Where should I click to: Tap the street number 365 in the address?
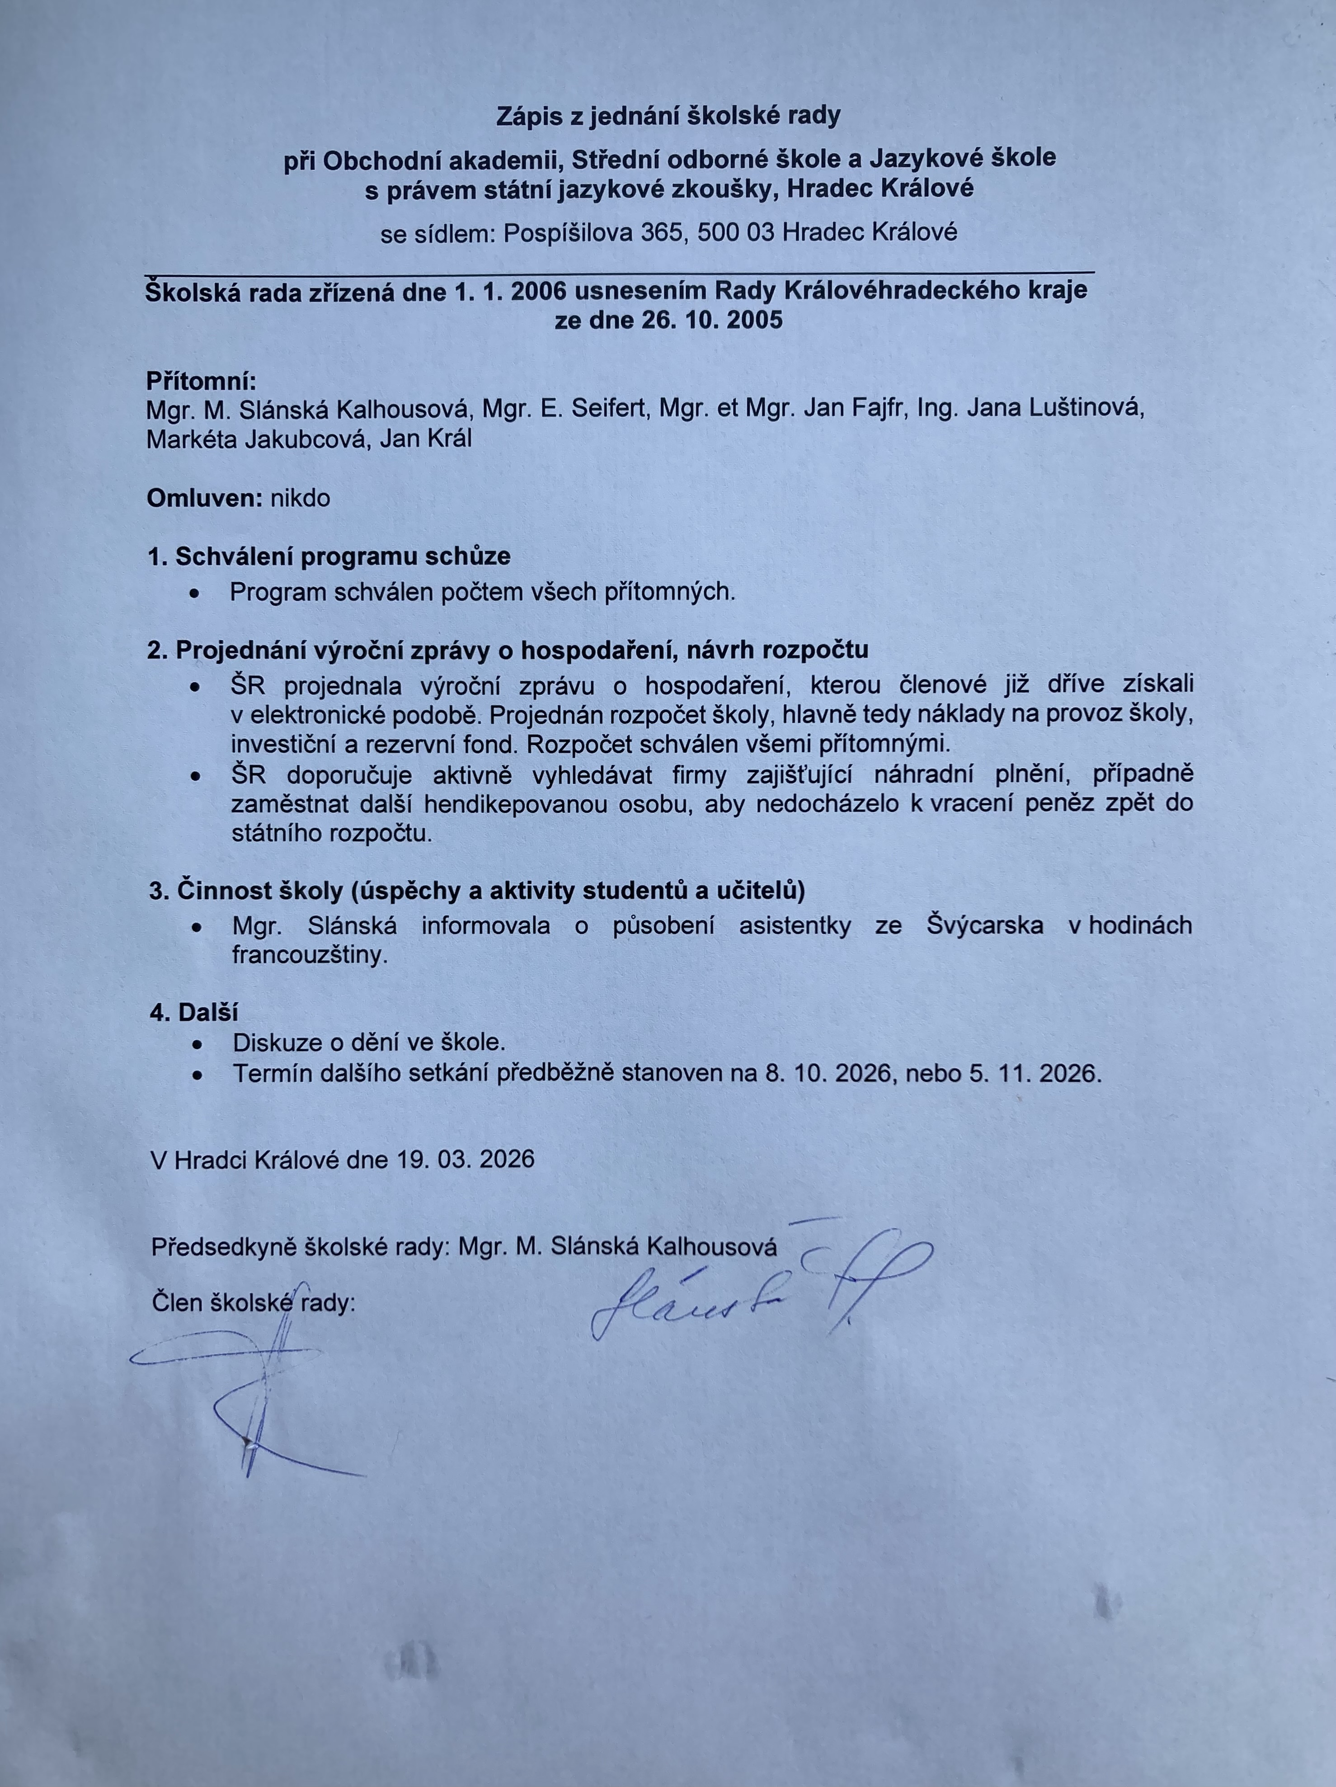point(662,233)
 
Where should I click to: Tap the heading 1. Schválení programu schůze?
point(329,556)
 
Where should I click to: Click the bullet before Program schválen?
point(195,593)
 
